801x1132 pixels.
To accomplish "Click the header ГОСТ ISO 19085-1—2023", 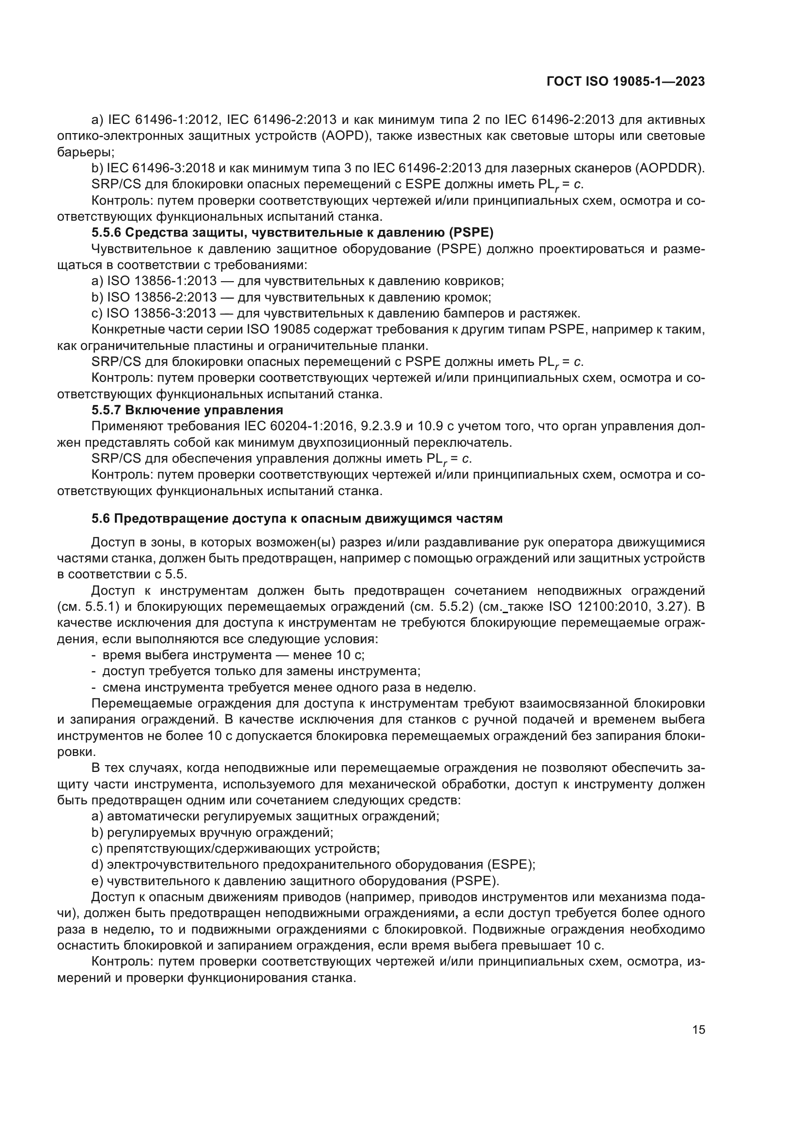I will pyautogui.click(x=625, y=82).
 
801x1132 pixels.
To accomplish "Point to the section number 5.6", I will pyautogui.click(x=101, y=518).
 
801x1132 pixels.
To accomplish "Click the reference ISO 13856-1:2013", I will pyautogui.click(x=162, y=281).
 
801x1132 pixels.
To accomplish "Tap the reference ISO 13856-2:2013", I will pyautogui.click(x=162, y=297).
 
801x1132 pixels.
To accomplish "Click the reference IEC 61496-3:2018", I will pyautogui.click(x=160, y=168).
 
